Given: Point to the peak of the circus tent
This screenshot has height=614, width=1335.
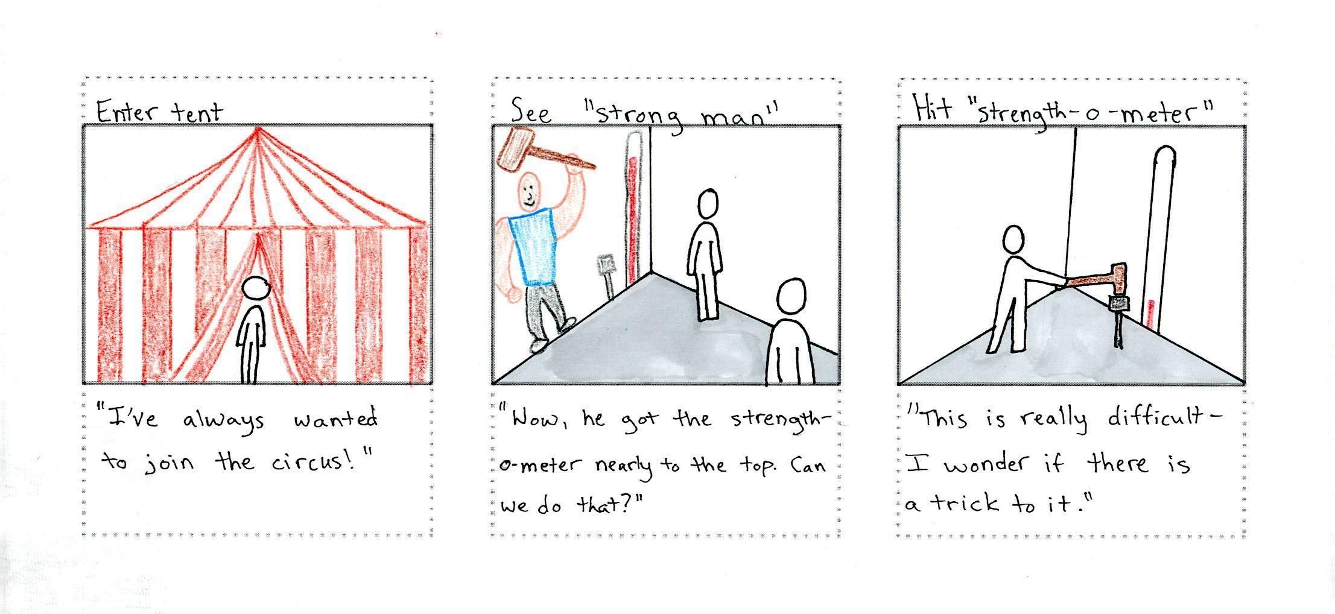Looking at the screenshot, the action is (x=258, y=128).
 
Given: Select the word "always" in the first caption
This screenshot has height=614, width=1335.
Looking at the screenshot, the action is (x=224, y=420).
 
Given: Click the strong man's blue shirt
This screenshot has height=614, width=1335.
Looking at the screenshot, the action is (x=530, y=246).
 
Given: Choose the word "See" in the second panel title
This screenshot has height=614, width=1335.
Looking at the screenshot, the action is (x=531, y=113).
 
